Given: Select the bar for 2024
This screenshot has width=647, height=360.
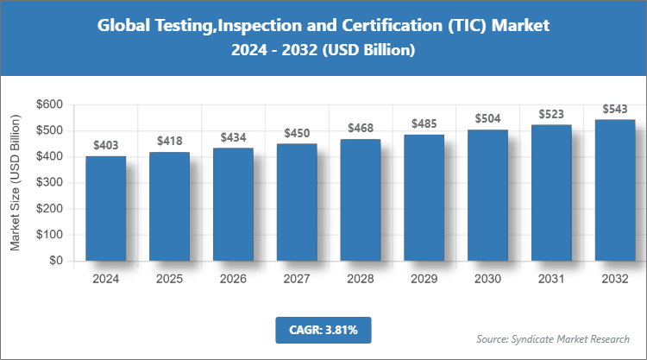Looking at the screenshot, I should tap(105, 208).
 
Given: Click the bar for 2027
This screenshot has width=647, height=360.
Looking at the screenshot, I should tap(297, 202).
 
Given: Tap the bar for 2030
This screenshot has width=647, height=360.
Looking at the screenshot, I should tap(487, 195).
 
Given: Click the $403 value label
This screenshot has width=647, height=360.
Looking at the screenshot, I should tap(105, 146).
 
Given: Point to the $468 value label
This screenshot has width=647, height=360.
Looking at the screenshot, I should tap(361, 128).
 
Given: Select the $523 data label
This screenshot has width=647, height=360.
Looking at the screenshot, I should tap(551, 114).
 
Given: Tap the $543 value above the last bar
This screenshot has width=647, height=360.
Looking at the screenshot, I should tap(615, 109).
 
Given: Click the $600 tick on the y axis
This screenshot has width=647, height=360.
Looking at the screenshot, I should tap(49, 104).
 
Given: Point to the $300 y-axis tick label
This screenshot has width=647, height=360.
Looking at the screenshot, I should tap(49, 182).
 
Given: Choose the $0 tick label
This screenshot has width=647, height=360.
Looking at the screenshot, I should tap(56, 260).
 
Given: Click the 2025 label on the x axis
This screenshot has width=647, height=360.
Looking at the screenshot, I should tap(169, 279).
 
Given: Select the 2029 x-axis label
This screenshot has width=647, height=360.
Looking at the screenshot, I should tap(424, 279).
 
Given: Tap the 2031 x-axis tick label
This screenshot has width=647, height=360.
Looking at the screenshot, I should tap(551, 279).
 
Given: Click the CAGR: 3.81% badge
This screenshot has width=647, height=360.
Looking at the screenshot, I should tap(323, 330).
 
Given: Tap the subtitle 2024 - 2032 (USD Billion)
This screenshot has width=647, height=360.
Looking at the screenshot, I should tap(323, 51).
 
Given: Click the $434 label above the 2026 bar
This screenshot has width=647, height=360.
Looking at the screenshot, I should tap(233, 137).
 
